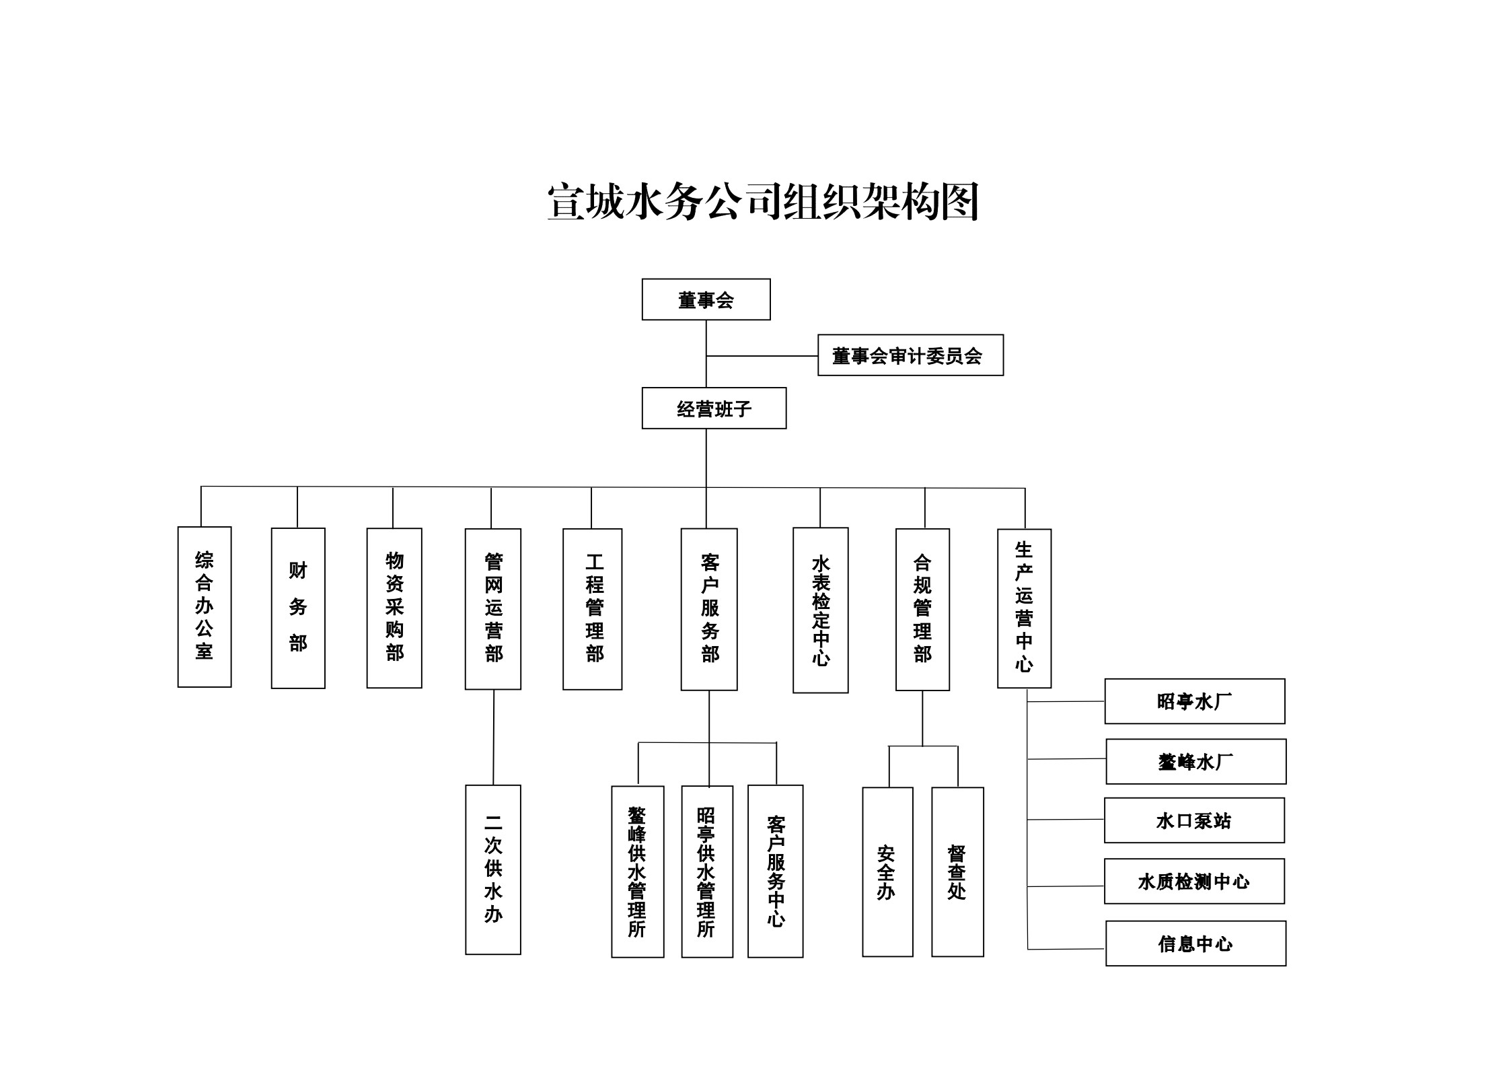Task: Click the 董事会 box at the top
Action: coord(705,299)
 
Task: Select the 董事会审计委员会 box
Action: coord(910,355)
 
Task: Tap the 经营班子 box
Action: coord(713,408)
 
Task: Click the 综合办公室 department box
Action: coord(204,606)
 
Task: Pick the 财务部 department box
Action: coord(297,608)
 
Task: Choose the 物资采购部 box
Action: coord(394,608)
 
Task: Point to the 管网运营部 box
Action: coord(492,608)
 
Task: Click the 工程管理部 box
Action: coord(592,608)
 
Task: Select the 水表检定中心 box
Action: coord(820,610)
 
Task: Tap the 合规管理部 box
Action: coord(922,609)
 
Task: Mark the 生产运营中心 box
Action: coord(1023,608)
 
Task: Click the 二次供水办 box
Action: coord(492,869)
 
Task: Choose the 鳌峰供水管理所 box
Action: coord(637,871)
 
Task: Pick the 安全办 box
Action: coord(887,871)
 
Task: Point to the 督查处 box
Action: coord(957,871)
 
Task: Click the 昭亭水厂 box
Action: coord(1194,701)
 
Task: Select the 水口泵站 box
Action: coord(1193,820)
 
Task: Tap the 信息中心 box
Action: coord(1195,944)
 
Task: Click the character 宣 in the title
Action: coord(566,201)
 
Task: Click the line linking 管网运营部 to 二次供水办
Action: coord(493,737)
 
